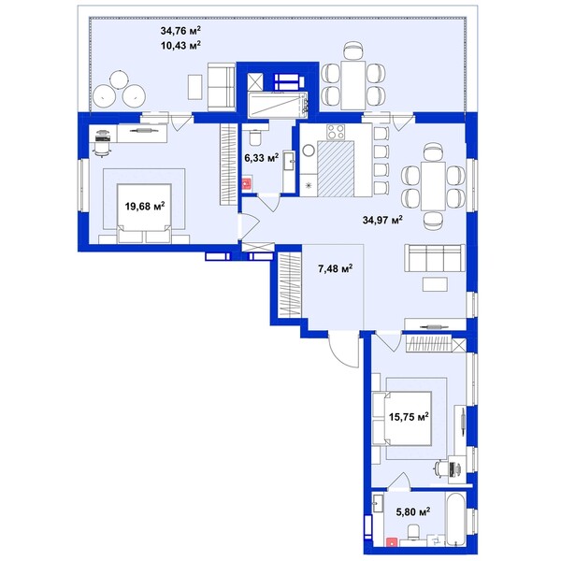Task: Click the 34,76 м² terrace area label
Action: click(x=180, y=31)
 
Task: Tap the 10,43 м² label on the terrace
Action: click(x=180, y=46)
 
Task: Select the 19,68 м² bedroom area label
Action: click(x=145, y=206)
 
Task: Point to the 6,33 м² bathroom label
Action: click(x=262, y=158)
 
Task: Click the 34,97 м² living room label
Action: click(x=382, y=220)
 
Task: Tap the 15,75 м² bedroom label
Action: click(x=409, y=417)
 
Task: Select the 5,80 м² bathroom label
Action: click(x=413, y=512)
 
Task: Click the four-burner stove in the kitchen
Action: click(x=336, y=132)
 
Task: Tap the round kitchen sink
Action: click(x=308, y=150)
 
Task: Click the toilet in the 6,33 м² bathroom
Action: click(x=254, y=137)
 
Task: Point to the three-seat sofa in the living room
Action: click(x=435, y=258)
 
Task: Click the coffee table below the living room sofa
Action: click(x=435, y=284)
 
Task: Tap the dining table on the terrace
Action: click(x=353, y=85)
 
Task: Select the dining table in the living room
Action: click(x=433, y=186)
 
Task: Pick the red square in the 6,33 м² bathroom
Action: click(x=246, y=183)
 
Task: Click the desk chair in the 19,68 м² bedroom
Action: click(x=102, y=148)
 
